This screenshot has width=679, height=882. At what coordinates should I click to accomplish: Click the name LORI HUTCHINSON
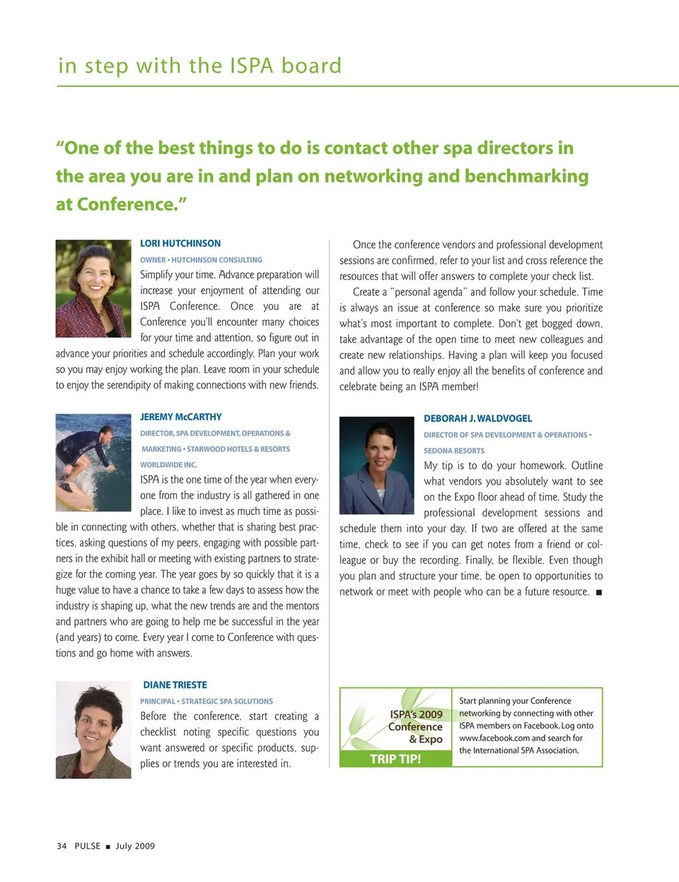pyautogui.click(x=180, y=243)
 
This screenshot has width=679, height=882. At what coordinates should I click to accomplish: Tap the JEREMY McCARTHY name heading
pyautogui.click(x=181, y=417)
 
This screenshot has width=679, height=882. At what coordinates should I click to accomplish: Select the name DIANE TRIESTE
pyautogui.click(x=175, y=685)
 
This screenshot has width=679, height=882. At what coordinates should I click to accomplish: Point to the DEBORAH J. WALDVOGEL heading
pyautogui.click(x=478, y=419)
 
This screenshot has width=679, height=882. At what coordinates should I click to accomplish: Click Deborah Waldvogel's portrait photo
pyautogui.click(x=376, y=465)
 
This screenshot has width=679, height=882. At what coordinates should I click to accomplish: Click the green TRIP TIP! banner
pyautogui.click(x=395, y=759)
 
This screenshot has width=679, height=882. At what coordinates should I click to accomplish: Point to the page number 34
pyautogui.click(x=62, y=846)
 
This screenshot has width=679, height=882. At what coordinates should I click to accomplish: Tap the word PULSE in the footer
pyautogui.click(x=88, y=846)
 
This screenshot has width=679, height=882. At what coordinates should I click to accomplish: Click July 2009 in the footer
pyautogui.click(x=135, y=846)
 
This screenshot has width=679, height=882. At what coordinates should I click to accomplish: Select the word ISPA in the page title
pyautogui.click(x=251, y=66)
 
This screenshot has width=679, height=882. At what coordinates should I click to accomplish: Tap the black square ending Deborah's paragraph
pyautogui.click(x=599, y=592)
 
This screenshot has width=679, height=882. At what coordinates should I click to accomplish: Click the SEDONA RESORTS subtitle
pyautogui.click(x=454, y=451)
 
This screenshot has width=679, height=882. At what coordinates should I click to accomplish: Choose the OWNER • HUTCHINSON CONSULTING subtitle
pyautogui.click(x=201, y=260)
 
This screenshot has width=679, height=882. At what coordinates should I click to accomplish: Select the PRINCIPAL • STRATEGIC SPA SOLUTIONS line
pyautogui.click(x=207, y=702)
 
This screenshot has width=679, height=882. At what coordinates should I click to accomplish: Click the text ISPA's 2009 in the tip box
pyautogui.click(x=416, y=714)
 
